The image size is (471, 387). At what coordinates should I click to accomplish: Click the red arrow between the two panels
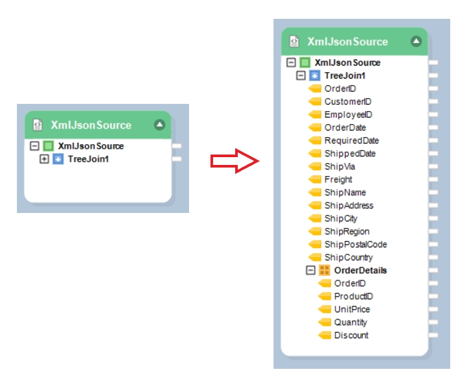(235, 161)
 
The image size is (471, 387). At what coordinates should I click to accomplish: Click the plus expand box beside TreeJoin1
(44, 159)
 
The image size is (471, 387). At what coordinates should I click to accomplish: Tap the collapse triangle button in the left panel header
(159, 125)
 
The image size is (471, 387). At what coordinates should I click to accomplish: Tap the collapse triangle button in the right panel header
(416, 42)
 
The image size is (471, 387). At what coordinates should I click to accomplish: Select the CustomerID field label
(348, 101)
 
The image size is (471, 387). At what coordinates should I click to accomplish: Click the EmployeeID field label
(348, 114)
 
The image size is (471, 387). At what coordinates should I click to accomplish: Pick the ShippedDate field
(350, 153)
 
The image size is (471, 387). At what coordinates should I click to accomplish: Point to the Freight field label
(338, 179)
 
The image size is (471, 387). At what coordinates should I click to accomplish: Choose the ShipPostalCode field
(355, 244)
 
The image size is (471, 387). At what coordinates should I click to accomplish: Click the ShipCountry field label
(349, 257)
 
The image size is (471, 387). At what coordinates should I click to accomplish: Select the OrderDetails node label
(361, 270)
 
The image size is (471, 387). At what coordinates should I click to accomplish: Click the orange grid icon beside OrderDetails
(324, 270)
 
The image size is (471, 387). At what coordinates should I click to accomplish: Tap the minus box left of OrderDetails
(311, 270)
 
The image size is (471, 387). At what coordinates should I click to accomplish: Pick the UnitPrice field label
(352, 309)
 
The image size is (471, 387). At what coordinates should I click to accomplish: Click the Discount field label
(351, 335)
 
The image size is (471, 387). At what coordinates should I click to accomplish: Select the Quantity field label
(350, 322)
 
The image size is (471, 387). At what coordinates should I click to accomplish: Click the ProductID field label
(353, 296)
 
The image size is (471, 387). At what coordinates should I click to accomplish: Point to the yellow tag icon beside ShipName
(315, 192)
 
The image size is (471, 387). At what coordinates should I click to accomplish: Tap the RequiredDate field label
(351, 140)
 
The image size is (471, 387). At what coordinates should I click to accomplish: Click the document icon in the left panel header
(38, 125)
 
